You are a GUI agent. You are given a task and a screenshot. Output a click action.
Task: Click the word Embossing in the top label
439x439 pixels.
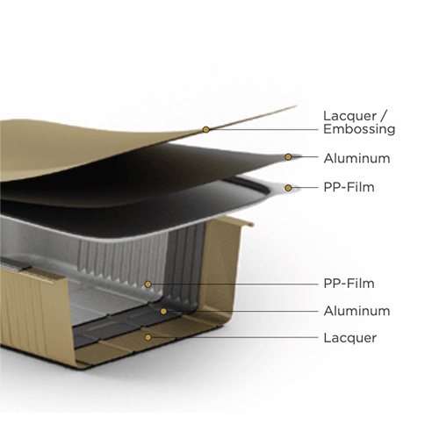click(359, 129)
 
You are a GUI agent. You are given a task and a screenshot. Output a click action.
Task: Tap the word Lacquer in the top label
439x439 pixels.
click(349, 116)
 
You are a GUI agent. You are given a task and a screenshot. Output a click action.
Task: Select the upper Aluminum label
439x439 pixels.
click(356, 158)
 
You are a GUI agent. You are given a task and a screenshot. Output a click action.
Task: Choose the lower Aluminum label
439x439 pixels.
click(356, 311)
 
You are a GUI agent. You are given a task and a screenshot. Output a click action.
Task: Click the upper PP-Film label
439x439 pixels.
click(349, 187)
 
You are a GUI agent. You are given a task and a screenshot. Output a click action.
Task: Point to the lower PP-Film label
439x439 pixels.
click(349, 284)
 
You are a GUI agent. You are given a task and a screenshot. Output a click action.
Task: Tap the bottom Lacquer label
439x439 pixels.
click(350, 338)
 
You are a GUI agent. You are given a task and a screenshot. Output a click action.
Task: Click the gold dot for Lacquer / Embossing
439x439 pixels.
click(206, 129)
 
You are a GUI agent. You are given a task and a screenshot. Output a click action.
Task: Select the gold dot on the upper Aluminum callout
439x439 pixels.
click(288, 157)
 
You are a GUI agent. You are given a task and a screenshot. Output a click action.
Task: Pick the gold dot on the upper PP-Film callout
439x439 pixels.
click(288, 188)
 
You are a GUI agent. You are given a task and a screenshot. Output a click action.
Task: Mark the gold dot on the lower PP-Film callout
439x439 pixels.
click(148, 284)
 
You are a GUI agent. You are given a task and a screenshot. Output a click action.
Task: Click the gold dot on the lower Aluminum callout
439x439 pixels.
click(163, 311)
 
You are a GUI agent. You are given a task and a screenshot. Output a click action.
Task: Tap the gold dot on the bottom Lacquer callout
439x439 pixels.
click(148, 337)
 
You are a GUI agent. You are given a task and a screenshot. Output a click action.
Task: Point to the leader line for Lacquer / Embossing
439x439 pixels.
click(263, 129)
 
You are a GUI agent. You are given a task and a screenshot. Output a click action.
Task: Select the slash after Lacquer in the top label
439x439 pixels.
click(384, 116)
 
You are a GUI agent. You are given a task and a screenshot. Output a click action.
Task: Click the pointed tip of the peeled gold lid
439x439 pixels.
click(296, 106)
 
